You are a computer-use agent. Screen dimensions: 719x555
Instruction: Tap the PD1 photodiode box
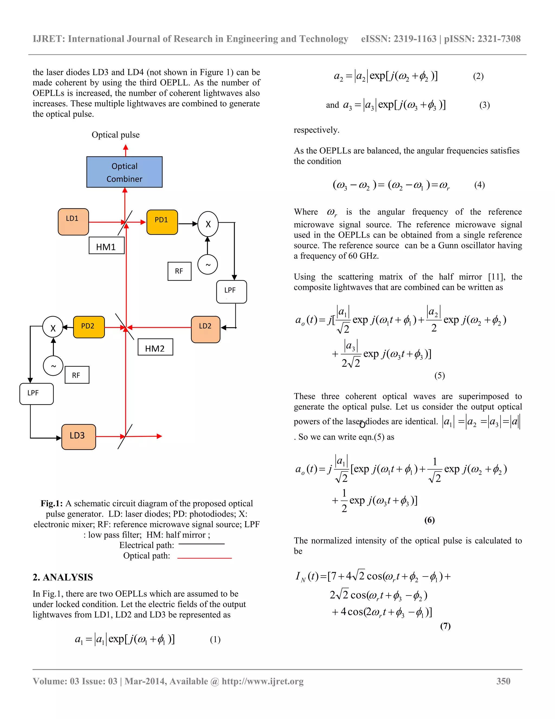162,222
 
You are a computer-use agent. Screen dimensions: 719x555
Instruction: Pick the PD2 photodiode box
89,327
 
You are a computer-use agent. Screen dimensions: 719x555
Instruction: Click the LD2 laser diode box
205,329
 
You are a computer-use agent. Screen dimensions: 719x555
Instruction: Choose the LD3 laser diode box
79,437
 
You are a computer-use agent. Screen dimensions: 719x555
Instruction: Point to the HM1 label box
107,246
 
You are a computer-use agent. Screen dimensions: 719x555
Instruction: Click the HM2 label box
155,347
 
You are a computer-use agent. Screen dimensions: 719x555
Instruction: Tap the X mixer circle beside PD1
208,224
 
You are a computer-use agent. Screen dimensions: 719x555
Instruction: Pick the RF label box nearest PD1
179,271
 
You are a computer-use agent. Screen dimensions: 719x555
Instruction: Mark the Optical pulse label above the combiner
115,135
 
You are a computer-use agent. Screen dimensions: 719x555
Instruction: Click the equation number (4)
479,185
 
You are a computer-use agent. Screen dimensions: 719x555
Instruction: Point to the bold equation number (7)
445,626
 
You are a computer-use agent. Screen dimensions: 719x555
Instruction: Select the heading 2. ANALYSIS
63,577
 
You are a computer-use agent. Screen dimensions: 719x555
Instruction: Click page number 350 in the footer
503,681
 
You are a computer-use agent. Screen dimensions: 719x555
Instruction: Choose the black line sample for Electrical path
201,544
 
